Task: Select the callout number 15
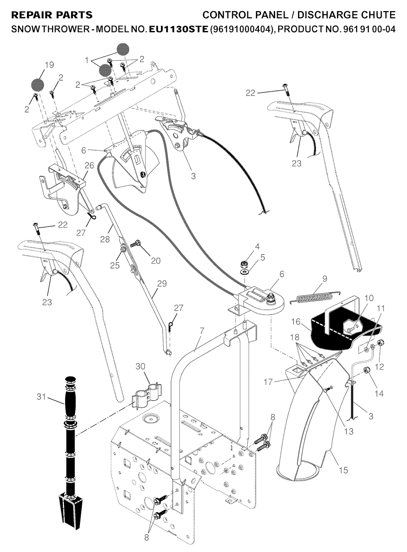point(343,470)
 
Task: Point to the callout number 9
point(325,279)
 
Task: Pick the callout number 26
point(89,165)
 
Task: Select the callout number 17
point(268,382)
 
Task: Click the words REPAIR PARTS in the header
point(52,16)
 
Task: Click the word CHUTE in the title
point(378,16)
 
